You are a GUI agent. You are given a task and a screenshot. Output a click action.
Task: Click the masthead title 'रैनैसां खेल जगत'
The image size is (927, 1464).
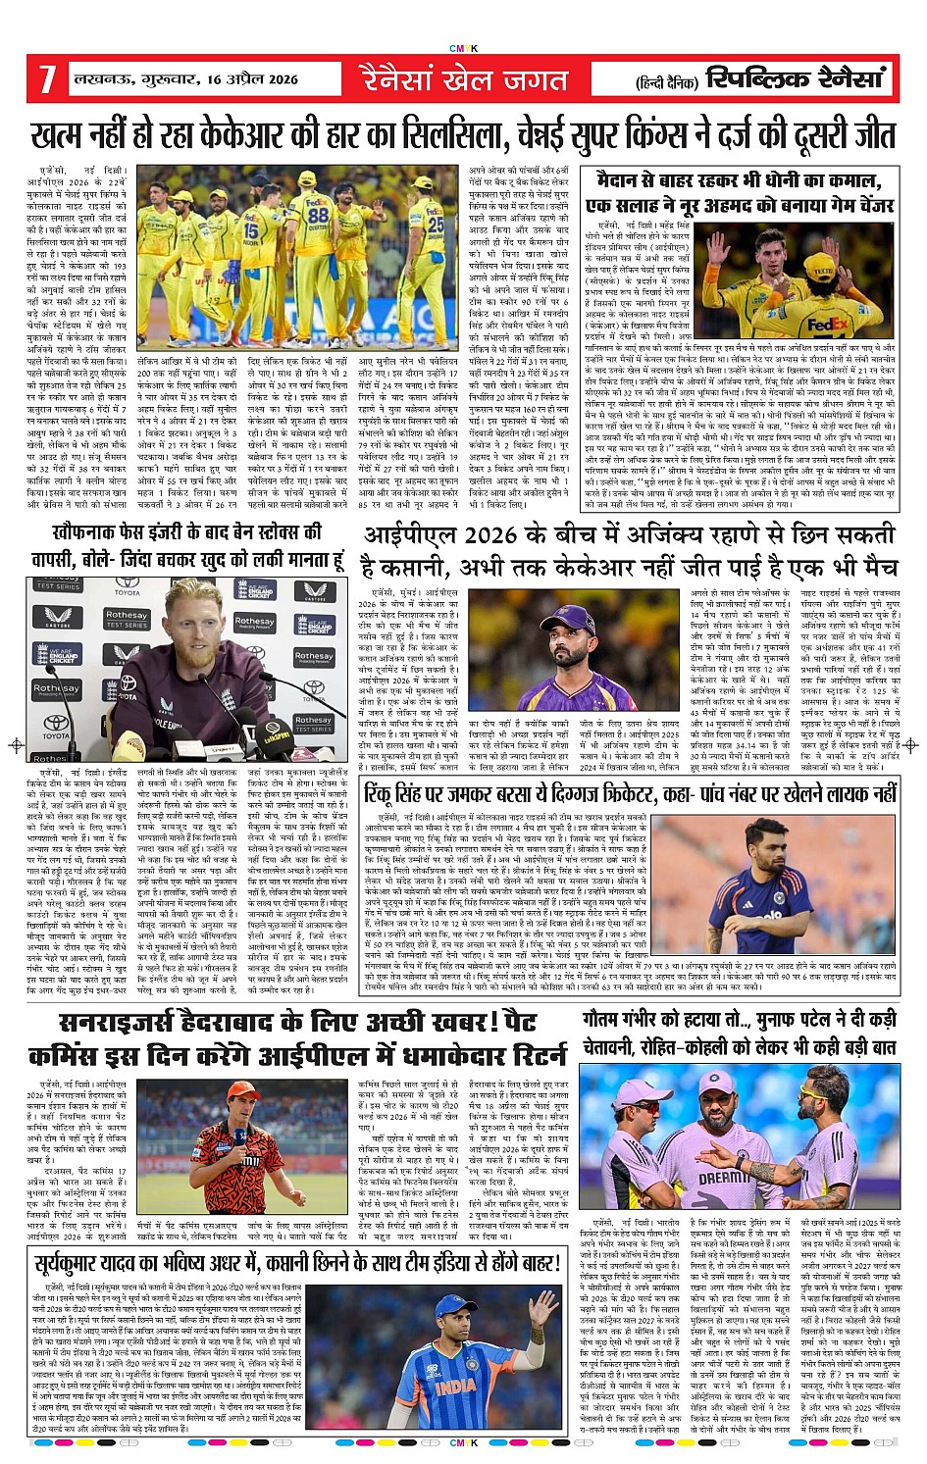pyautogui.click(x=463, y=78)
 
